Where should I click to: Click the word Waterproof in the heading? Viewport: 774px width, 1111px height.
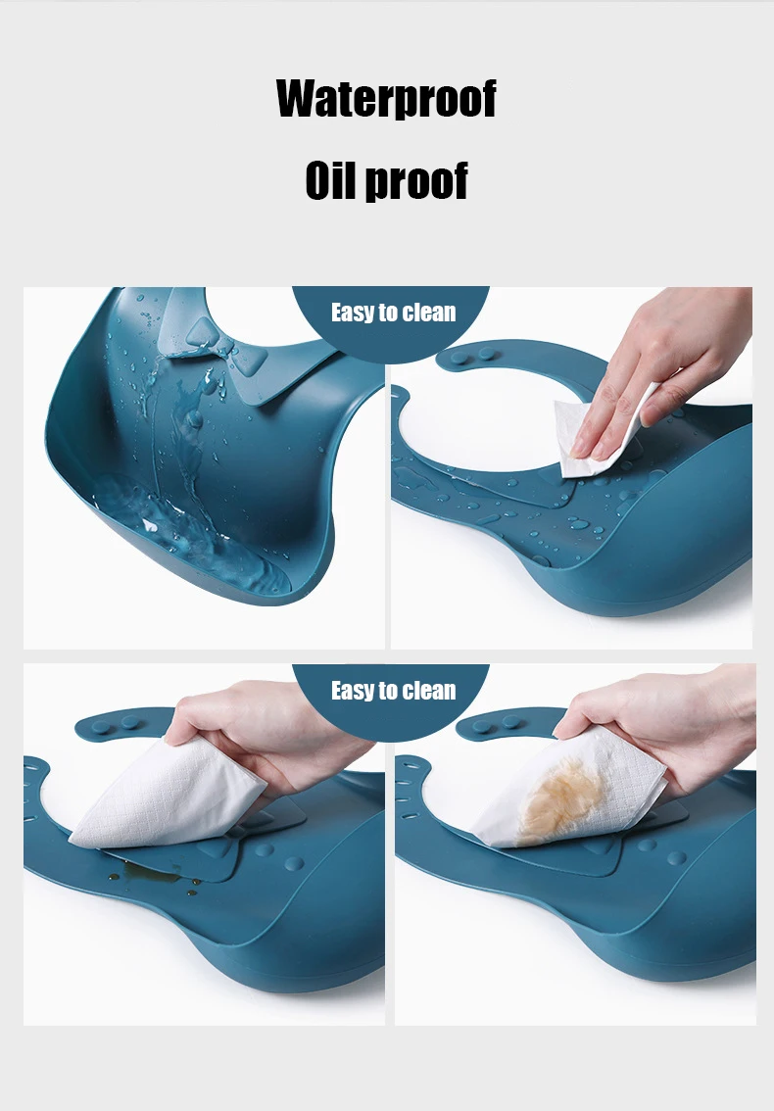(x=386, y=98)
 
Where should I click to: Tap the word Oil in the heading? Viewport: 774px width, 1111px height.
(x=331, y=180)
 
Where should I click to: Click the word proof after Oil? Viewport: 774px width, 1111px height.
(x=416, y=181)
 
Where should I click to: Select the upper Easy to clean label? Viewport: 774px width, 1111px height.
(x=394, y=313)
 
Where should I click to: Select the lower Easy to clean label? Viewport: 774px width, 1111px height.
(x=394, y=690)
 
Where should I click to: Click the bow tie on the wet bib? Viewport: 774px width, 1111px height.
(x=218, y=347)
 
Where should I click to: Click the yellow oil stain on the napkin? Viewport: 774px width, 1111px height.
(x=560, y=799)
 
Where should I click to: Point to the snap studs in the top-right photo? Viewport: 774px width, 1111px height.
(x=475, y=355)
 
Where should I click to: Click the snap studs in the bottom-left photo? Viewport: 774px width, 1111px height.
(x=117, y=724)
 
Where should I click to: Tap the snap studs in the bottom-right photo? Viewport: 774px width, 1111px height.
(x=496, y=724)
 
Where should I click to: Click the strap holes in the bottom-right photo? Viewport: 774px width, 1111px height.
(x=409, y=793)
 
